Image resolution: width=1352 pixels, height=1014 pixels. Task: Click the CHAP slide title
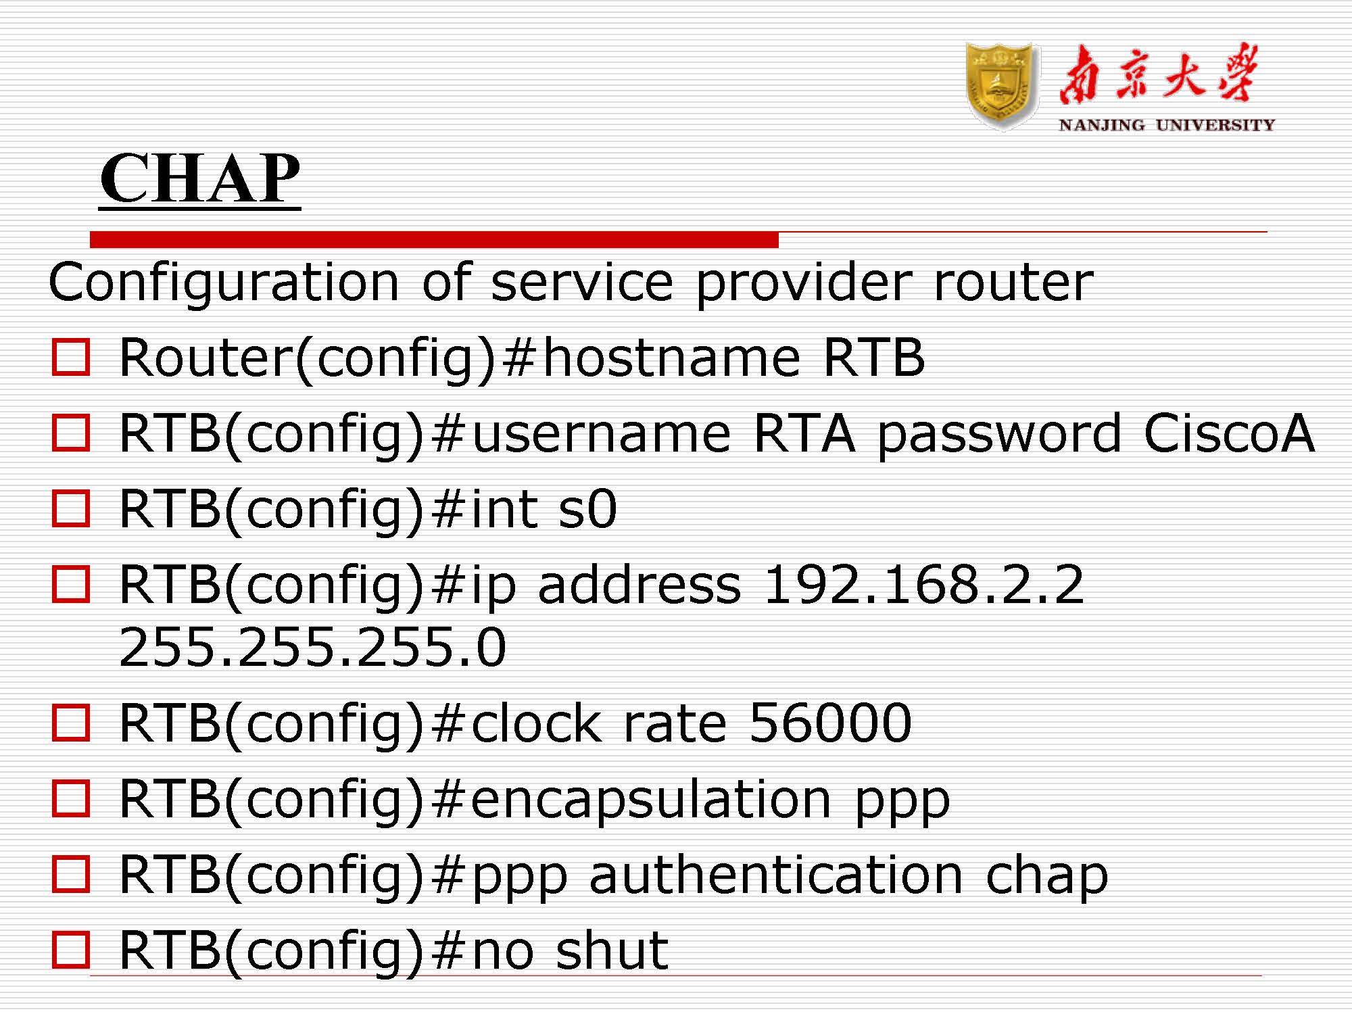coord(200,177)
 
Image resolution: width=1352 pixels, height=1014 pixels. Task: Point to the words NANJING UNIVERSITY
coord(1167,125)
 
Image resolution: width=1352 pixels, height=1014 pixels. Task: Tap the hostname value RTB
coord(874,358)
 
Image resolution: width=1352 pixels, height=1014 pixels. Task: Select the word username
coord(601,434)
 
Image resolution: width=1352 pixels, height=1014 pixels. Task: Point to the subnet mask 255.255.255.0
coord(312,647)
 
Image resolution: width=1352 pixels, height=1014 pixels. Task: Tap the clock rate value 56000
coord(830,723)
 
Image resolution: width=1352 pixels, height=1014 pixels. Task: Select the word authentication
coord(776,875)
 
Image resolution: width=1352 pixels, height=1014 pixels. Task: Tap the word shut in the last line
coord(612,950)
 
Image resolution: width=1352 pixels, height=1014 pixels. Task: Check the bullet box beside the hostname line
coord(71,358)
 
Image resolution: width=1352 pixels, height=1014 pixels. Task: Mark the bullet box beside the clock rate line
coord(71,723)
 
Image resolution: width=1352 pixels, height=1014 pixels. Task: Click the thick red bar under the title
coord(434,239)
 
